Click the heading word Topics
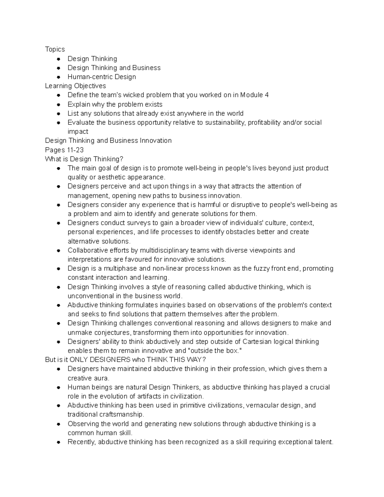(x=55, y=49)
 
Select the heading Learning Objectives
(x=75, y=86)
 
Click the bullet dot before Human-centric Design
(x=58, y=77)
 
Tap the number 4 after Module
(x=267, y=95)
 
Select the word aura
(x=101, y=378)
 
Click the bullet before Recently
(x=58, y=442)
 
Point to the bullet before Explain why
(x=58, y=104)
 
